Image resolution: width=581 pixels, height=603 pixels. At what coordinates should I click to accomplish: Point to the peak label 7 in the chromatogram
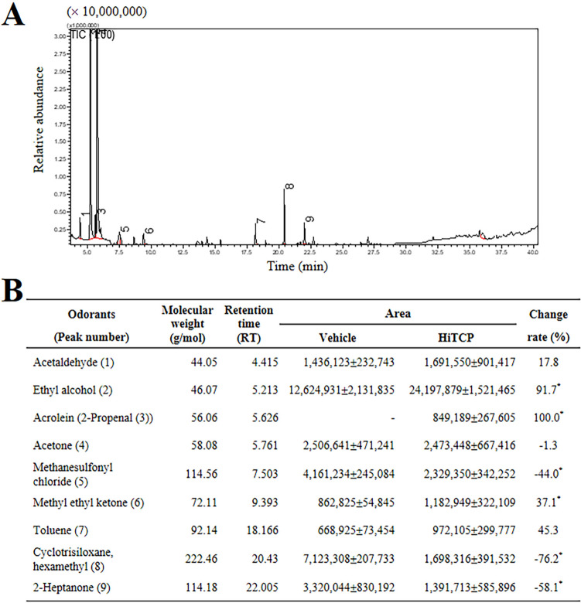tap(260, 223)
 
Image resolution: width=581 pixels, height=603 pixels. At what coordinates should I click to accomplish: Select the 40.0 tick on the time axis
tap(531, 252)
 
